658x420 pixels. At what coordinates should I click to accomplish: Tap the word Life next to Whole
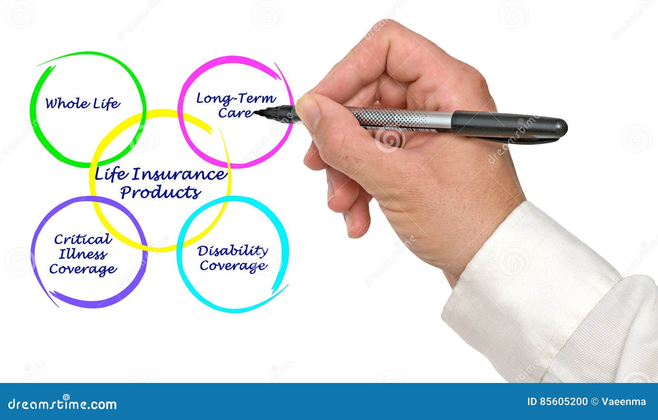pos(106,103)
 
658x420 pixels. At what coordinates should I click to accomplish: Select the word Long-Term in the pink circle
pos(235,98)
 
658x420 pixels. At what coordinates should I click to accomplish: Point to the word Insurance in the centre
pos(178,174)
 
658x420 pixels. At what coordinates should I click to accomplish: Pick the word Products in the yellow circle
pos(160,192)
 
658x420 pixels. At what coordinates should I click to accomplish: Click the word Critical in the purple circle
pos(83,239)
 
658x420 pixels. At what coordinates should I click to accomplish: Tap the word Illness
pos(83,254)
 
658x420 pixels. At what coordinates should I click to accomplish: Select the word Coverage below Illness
pos(83,269)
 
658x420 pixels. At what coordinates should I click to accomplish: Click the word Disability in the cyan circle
pos(232,250)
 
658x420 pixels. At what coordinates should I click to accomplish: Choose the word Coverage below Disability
pos(233,266)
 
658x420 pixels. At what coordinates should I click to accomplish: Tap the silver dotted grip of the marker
pos(391,118)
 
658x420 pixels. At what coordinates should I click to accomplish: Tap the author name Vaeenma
pos(624,402)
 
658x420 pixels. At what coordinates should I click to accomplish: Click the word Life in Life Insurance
pos(110,174)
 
